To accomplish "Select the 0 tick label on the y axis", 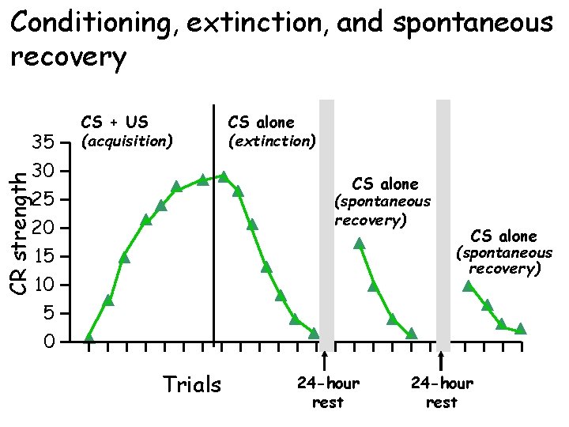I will pos(49,342).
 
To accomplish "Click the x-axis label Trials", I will pos(191,385).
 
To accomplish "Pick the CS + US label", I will pos(115,123).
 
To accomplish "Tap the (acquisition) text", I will pos(126,142).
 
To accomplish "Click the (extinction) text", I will pos(272,142).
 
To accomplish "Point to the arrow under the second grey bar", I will pos(441,360).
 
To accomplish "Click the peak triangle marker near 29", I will pos(224,176).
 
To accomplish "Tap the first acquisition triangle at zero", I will pos(89,338).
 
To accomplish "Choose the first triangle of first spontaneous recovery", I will pos(360,244).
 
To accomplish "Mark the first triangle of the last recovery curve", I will pos(469,286).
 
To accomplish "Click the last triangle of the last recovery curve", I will pos(520,329).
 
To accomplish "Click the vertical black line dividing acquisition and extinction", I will pos(214,221).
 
